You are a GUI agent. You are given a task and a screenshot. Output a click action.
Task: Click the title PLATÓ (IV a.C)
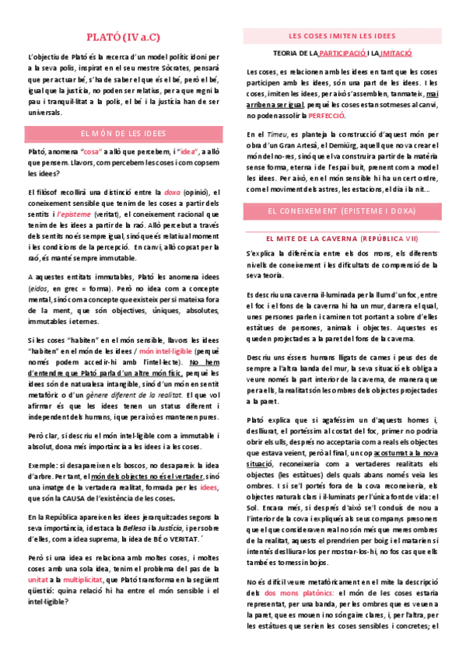124,37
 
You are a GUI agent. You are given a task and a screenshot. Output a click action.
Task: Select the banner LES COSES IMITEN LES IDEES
342,36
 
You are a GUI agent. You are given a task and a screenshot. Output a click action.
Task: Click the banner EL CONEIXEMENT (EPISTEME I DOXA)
342,211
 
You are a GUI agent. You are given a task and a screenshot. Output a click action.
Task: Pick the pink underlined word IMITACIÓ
397,54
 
